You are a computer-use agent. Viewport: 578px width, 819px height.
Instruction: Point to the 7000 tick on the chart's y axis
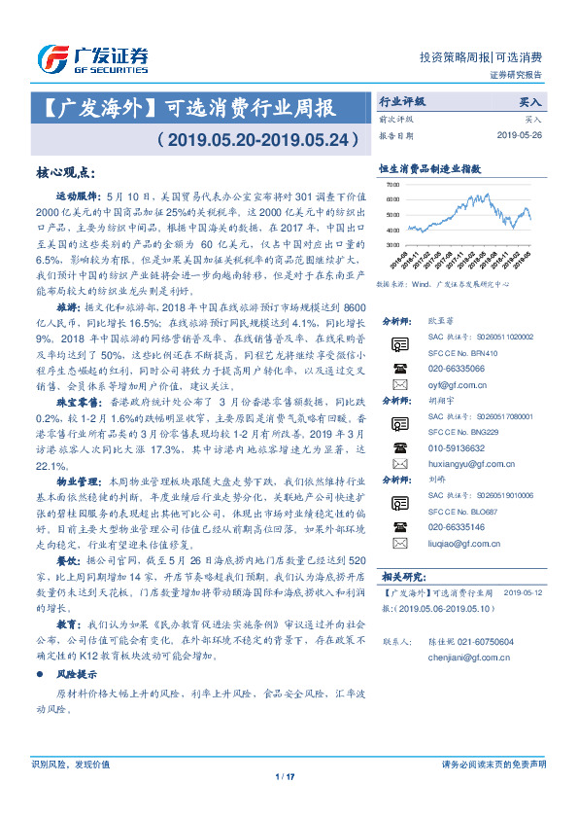tap(392, 184)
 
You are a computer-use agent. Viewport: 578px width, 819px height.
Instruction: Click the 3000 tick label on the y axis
tap(392, 243)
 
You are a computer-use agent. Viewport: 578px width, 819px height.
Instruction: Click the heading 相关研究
tap(400, 604)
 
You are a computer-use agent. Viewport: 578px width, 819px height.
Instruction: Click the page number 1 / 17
tap(289, 802)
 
